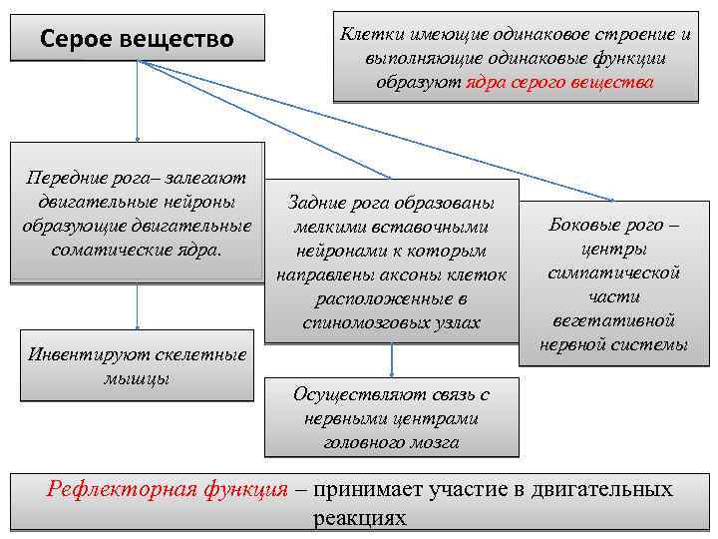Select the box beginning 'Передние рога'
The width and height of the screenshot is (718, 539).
click(138, 214)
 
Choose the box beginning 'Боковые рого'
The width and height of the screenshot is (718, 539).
click(613, 283)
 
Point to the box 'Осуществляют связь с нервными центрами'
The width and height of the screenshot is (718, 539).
click(391, 417)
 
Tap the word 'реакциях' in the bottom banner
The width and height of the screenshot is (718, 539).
click(360, 518)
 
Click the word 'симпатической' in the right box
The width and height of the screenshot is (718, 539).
click(614, 271)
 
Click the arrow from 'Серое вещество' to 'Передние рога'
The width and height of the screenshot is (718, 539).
click(138, 100)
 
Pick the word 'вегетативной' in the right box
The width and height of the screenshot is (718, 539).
click(614, 320)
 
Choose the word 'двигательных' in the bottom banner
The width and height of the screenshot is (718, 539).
click(604, 490)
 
